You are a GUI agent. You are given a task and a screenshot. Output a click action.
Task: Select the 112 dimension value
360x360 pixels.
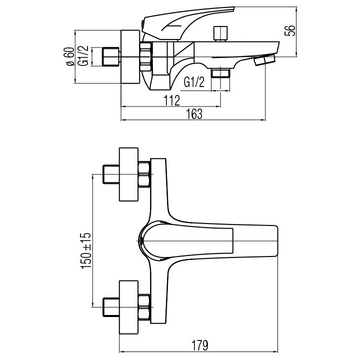coord(171,100)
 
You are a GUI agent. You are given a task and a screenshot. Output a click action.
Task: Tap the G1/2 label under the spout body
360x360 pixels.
coord(193,82)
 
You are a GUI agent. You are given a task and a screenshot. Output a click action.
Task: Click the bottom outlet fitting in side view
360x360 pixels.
coord(220,73)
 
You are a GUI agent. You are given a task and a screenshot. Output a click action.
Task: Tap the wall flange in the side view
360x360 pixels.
coord(131,57)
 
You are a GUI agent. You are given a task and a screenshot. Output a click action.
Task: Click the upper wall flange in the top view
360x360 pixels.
coord(129,175)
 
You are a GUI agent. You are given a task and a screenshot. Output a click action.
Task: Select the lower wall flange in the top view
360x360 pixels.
coord(129,303)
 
